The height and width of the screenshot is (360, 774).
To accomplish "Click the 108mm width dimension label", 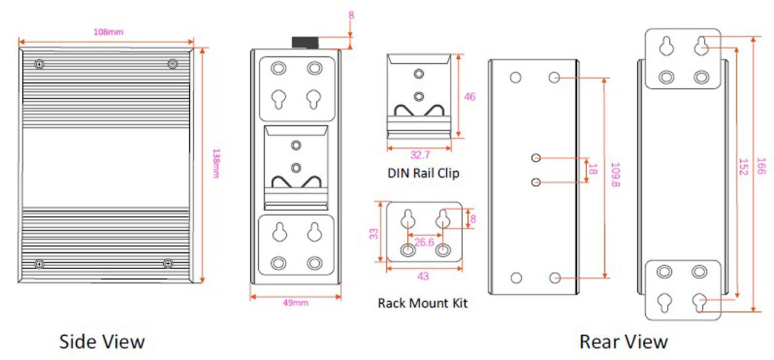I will point(105,32).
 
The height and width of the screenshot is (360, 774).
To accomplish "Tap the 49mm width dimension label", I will point(295,303).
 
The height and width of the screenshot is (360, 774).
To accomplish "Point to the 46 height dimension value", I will point(469,97).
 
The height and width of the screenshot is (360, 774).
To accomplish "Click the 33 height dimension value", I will point(374,233).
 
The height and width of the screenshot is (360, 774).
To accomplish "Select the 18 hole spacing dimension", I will point(593,170).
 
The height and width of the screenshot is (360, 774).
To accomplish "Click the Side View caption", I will point(102,341).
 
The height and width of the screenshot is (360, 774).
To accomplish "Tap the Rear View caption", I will point(623,341).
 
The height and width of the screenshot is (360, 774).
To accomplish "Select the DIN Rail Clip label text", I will point(423,174).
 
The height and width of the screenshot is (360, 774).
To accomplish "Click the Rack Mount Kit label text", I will point(423,303).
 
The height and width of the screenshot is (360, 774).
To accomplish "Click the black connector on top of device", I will point(305,42).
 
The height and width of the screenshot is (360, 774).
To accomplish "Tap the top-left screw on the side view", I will point(39,64).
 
